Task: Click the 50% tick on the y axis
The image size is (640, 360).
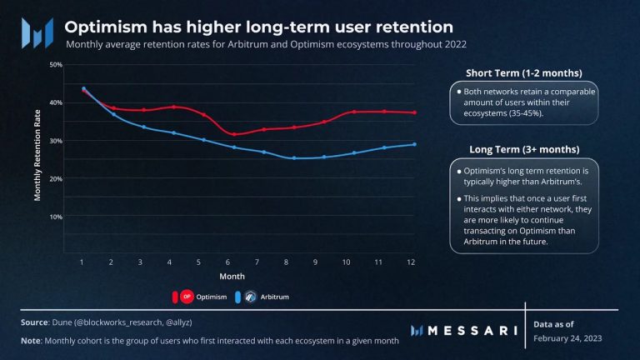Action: pyautogui.click(x=57, y=64)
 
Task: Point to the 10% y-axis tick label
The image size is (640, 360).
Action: pyautogui.click(x=57, y=217)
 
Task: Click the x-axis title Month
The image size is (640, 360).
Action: pyautogui.click(x=232, y=275)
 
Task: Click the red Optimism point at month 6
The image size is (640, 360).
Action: pyautogui.click(x=236, y=134)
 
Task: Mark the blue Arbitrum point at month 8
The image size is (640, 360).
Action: pyautogui.click(x=294, y=157)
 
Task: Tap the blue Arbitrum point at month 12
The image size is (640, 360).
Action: pyautogui.click(x=414, y=144)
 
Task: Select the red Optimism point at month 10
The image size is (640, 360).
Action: pyautogui.click(x=354, y=112)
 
